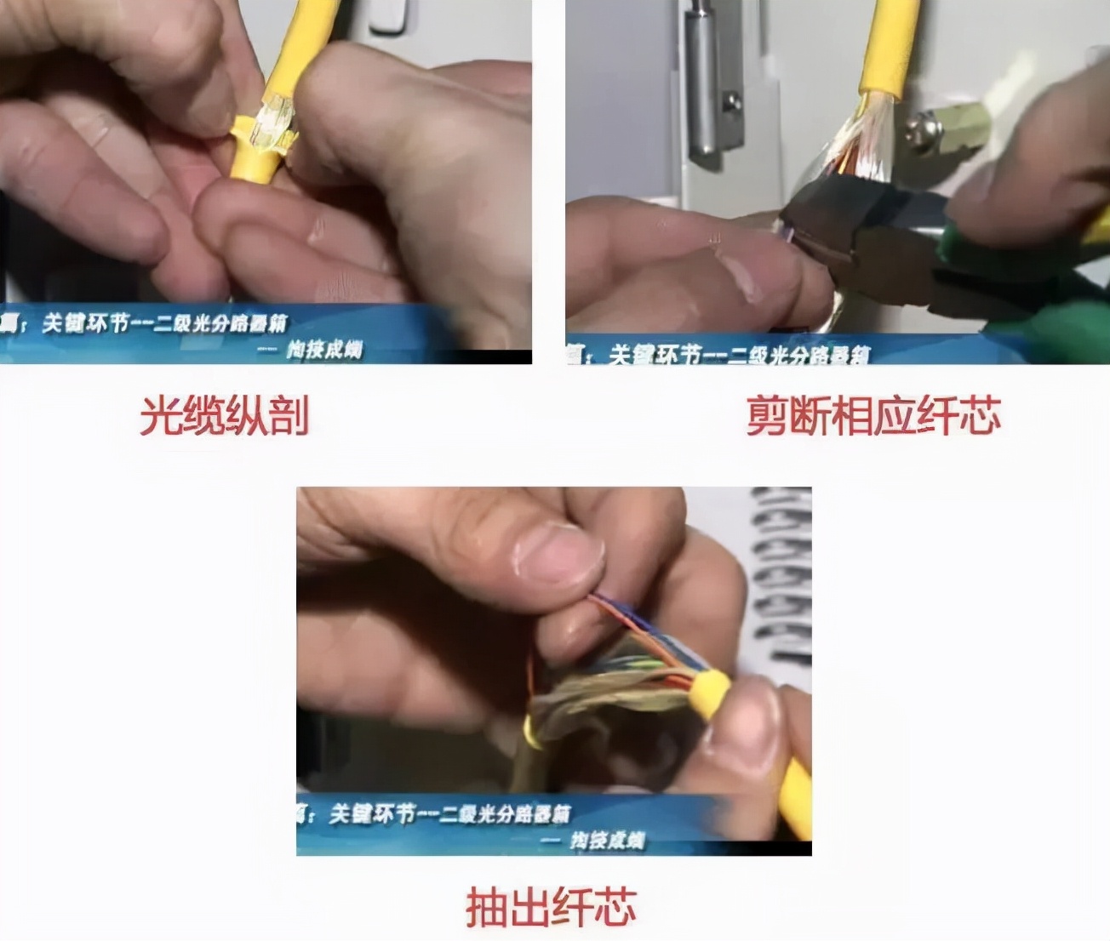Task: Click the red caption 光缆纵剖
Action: pyautogui.click(x=224, y=415)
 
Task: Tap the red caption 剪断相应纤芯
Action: pyautogui.click(x=873, y=415)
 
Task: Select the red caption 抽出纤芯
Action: pyautogui.click(x=551, y=906)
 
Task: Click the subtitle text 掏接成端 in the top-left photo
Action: pyautogui.click(x=324, y=349)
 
